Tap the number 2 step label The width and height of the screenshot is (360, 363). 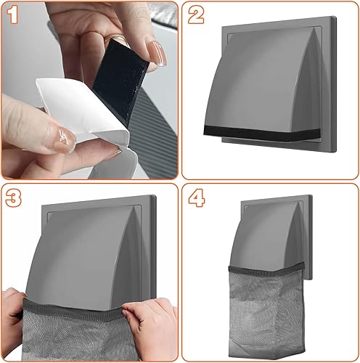click(x=196, y=15)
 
